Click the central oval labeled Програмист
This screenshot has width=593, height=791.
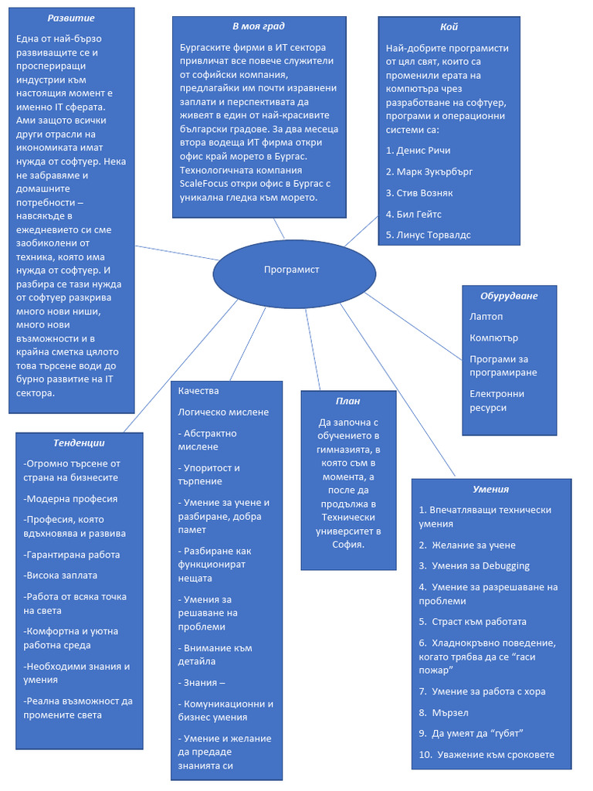[293, 270]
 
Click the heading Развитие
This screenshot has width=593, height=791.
[71, 18]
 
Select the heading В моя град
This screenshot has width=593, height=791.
[258, 25]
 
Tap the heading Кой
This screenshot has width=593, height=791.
[449, 26]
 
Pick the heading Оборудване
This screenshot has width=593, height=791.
[509, 295]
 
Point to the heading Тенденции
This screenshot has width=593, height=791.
[79, 443]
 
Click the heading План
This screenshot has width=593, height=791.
[347, 401]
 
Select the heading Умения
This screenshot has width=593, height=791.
[490, 489]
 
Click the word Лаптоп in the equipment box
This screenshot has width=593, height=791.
[486, 317]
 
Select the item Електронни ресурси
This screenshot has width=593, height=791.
[496, 400]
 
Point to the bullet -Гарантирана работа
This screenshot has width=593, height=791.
[71, 555]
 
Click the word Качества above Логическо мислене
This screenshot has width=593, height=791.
[198, 391]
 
